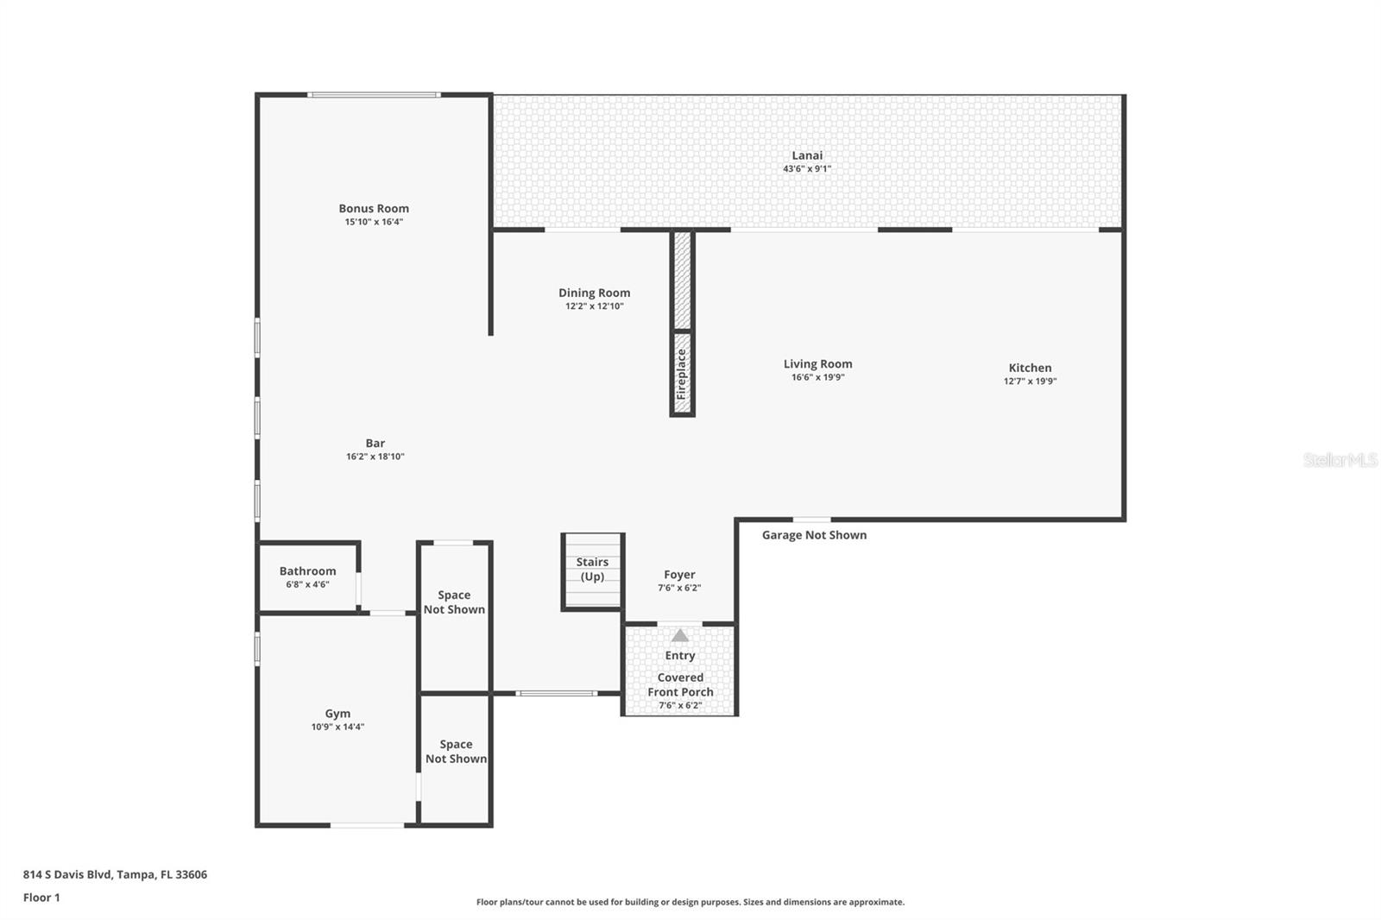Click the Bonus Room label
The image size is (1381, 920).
[374, 208]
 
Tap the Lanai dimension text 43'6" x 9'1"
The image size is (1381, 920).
[807, 169]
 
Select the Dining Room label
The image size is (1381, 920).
[594, 293]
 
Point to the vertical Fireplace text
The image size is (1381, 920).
[682, 374]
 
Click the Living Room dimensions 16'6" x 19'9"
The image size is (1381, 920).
[817, 377]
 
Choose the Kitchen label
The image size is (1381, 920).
[1030, 368]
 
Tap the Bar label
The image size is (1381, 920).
[375, 443]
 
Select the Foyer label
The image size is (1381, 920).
[679, 574]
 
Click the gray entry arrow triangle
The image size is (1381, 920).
[680, 636]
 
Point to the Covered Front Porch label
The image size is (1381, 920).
[680, 684]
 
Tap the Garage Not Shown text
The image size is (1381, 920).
[814, 535]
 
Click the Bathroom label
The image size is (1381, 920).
[307, 570]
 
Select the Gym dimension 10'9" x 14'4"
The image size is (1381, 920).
[337, 727]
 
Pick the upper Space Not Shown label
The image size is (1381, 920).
[454, 602]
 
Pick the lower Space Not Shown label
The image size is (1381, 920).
[456, 751]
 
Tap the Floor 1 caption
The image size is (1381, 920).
[41, 898]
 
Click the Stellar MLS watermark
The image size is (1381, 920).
[1340, 460]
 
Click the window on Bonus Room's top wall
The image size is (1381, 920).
[374, 95]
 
